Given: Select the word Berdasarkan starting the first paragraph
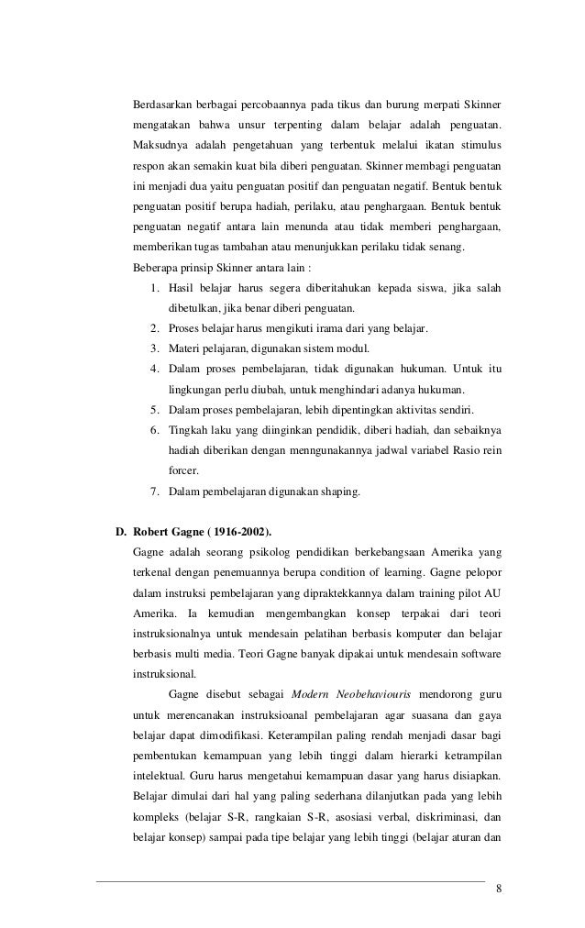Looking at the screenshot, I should click(164, 101).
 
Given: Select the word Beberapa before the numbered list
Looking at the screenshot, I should click(158, 268).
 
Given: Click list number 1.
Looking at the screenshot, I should click(154, 292).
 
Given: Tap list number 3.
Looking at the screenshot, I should click(154, 348).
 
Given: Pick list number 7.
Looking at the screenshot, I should click(154, 492).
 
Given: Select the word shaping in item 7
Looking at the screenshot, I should click(338, 492).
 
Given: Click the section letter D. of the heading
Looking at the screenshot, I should click(118, 530).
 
